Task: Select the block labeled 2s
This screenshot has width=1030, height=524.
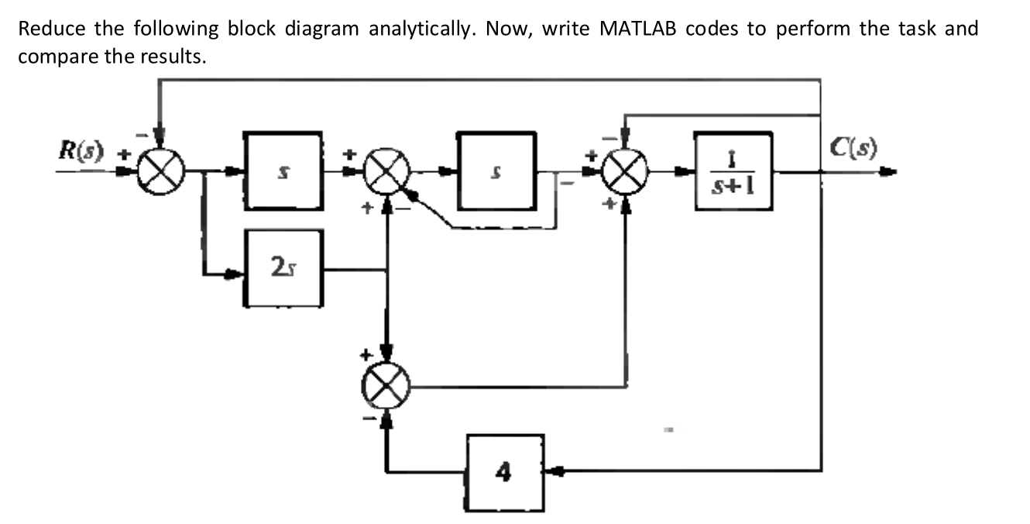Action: click(x=284, y=269)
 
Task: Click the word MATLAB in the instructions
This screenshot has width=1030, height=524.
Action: click(x=640, y=29)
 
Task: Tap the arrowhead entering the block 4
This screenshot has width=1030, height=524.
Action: click(x=552, y=470)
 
